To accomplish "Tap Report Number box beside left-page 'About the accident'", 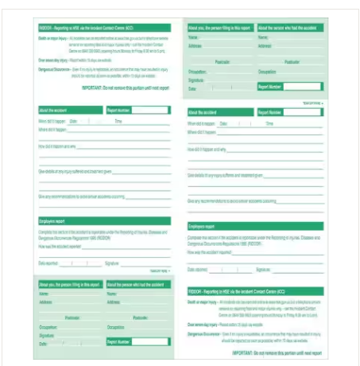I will point(150,110).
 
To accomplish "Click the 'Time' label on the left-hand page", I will point(118,121).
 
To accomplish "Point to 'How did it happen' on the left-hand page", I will point(57,146).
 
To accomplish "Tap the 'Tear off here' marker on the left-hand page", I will point(159,271).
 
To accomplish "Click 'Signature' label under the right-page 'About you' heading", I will point(196,80).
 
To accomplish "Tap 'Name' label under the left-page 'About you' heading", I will point(44,294).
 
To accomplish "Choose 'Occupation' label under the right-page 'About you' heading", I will point(198,71).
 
